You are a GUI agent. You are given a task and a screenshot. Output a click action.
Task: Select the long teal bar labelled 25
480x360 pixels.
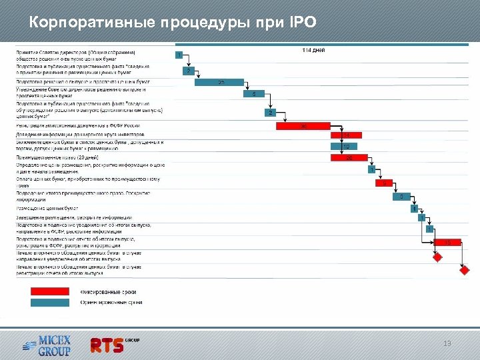pyautogui.click(x=219, y=82)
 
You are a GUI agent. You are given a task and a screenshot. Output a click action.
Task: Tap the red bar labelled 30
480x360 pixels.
pyautogui.click(x=303, y=125)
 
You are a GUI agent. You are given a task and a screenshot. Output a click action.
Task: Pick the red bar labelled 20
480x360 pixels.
pyautogui.click(x=347, y=158)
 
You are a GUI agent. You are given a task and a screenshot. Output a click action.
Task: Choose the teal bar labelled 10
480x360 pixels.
pyautogui.click(x=345, y=147)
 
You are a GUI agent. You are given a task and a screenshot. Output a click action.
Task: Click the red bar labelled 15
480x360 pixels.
pyautogui.click(x=447, y=242)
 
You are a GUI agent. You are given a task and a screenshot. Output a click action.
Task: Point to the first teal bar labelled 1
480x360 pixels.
pyautogui.click(x=179, y=55)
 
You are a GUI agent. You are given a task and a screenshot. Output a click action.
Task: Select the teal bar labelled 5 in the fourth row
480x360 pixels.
pyautogui.click(x=254, y=94)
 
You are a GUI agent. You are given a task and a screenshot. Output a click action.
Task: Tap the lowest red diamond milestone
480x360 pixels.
pyautogui.click(x=465, y=270)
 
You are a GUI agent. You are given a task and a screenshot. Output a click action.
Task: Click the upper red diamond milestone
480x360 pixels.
pyautogui.click(x=437, y=257)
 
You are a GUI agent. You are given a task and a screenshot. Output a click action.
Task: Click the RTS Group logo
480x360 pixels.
pyautogui.click(x=114, y=344)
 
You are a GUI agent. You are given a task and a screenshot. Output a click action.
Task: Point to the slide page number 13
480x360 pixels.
pyautogui.click(x=447, y=343)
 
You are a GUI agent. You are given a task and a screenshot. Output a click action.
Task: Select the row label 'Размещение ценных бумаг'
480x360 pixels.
pyautogui.click(x=47, y=209)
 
